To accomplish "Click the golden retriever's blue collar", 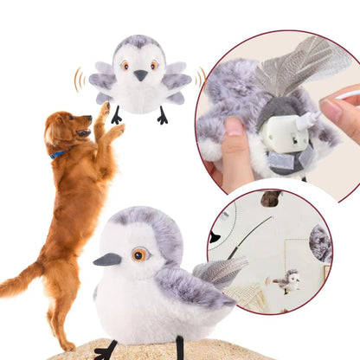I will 57,155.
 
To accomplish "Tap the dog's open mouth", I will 82,132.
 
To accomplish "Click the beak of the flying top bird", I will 140,75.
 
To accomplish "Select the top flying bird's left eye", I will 125,65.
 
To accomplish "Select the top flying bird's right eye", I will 154,65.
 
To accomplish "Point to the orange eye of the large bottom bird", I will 138,254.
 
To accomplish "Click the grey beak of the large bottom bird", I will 108,259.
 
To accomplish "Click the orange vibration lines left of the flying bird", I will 79,79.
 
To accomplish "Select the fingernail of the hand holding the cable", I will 331,110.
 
